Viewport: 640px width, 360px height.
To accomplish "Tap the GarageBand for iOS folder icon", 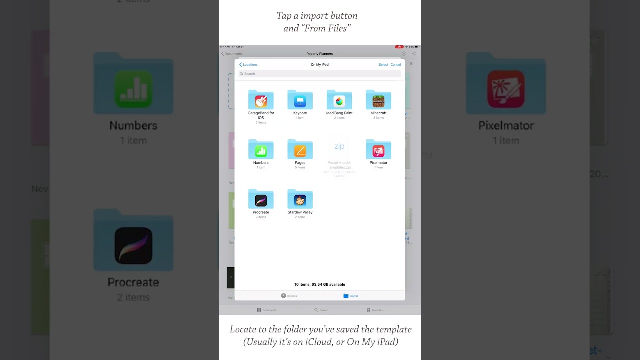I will coord(261,100).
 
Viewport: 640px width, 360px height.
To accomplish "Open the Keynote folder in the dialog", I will coord(300,100).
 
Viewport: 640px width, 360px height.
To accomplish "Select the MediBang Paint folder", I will coord(339,100).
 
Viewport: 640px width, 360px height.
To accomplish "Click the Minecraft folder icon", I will coord(378,100).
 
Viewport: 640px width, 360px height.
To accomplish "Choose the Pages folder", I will coord(300,150).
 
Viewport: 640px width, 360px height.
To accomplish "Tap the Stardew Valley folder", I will coord(300,199).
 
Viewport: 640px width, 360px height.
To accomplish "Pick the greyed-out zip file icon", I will coord(339,147).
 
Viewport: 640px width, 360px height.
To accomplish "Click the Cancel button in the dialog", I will coord(396,65).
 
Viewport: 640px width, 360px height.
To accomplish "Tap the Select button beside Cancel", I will coord(383,65).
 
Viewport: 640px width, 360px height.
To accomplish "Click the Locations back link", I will coord(249,65).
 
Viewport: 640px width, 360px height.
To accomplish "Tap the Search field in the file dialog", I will coord(320,74).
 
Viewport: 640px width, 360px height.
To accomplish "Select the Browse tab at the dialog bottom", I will coord(351,296).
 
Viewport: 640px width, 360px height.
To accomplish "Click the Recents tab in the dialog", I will coord(289,296).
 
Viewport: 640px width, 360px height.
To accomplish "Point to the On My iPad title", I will coord(320,65).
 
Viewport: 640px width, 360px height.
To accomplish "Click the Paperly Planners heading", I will coord(320,54).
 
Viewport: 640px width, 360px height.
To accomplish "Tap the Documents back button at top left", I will coord(232,54).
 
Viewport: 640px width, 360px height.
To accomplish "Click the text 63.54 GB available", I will coord(328,285).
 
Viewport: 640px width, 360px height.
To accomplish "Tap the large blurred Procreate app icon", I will coord(133,246).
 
